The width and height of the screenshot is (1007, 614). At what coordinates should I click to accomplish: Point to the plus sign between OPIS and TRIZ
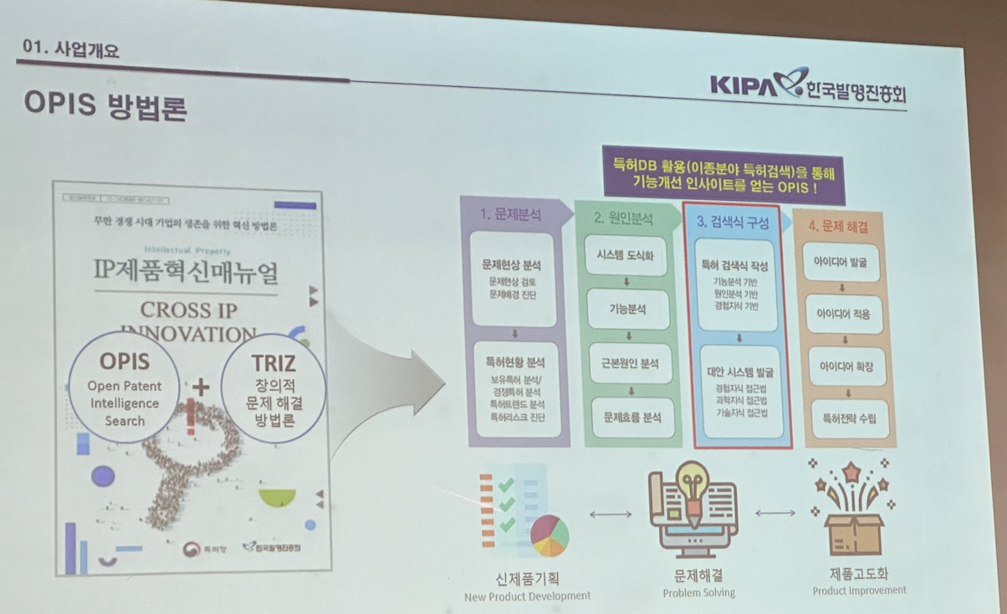(201, 386)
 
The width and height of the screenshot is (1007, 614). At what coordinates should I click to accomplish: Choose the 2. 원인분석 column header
(623, 219)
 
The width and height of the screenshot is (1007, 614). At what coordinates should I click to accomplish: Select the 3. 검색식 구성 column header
(732, 223)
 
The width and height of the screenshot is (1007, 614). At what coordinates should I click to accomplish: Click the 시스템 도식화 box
(626, 255)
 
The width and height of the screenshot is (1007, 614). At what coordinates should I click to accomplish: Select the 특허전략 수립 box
(844, 417)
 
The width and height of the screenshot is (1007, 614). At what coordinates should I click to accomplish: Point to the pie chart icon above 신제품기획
(549, 535)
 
